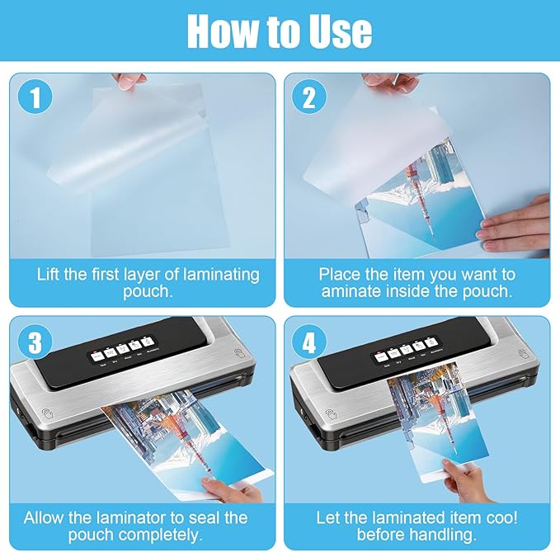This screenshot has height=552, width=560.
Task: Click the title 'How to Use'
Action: point(280,31)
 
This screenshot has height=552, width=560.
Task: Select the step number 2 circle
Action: point(309,99)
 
